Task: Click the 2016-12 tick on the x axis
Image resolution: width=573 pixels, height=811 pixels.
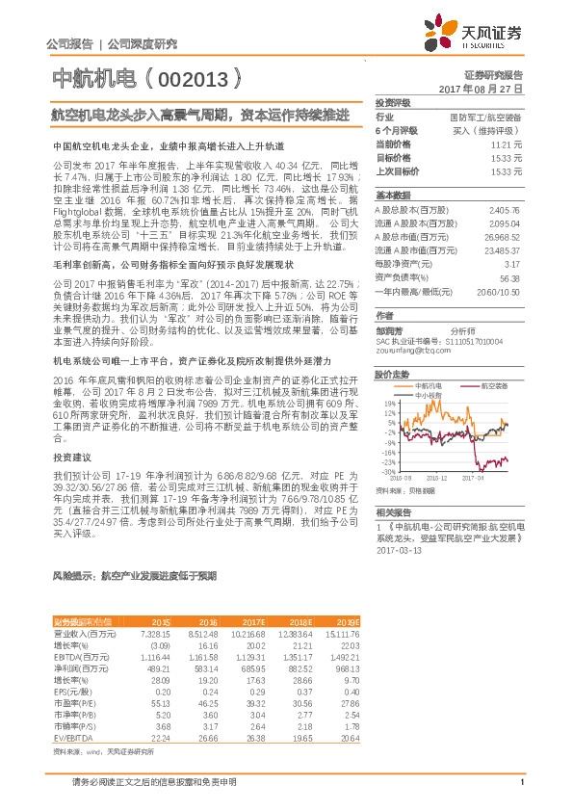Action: coord(437,476)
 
